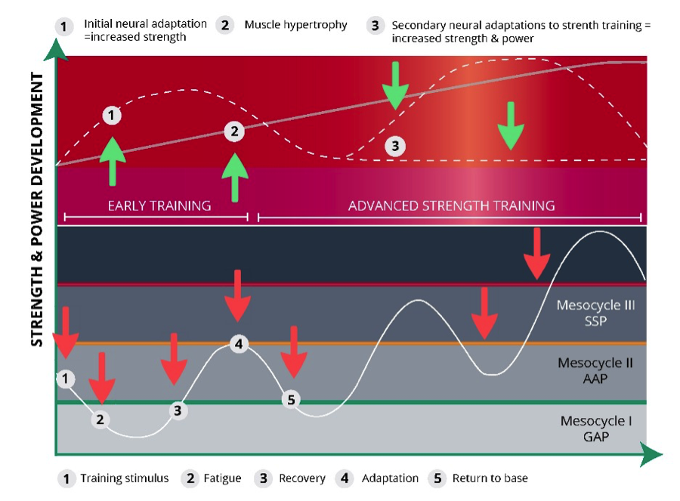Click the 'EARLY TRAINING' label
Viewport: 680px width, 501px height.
click(159, 206)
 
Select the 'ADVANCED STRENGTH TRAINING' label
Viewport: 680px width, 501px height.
click(451, 206)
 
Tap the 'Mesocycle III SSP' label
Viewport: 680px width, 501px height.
click(595, 313)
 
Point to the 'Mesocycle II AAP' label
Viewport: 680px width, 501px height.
click(595, 370)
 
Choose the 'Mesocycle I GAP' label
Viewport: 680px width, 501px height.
click(596, 428)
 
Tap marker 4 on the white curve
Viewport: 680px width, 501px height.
click(239, 345)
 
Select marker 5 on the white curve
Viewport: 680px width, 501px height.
click(292, 399)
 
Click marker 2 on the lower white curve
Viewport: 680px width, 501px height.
click(100, 419)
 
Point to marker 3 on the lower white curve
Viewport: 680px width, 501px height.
click(178, 410)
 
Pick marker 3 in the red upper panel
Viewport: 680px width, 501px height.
click(394, 146)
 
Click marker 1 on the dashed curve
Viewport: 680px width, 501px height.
click(111, 116)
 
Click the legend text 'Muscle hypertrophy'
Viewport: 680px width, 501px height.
click(295, 25)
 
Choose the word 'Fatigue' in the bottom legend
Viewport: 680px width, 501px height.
click(222, 478)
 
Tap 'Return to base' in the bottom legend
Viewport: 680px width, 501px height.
click(490, 478)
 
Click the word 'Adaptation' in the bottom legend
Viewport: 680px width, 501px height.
click(390, 478)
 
